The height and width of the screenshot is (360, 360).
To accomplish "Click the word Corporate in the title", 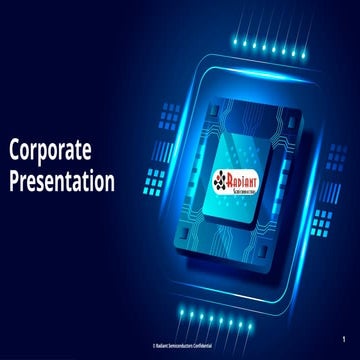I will [51, 151].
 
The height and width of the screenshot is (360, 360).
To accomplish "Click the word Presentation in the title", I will [61, 182].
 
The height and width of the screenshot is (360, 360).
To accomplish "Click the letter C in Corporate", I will [15, 151].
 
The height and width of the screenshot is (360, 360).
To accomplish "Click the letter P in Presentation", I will [15, 182].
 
